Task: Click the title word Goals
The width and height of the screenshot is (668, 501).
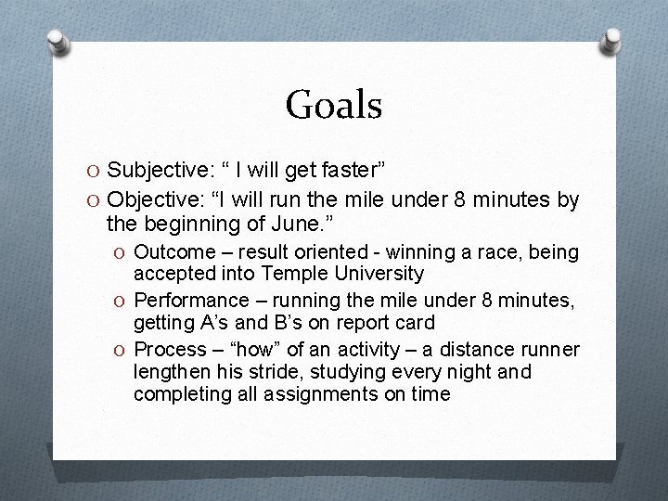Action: click(334, 105)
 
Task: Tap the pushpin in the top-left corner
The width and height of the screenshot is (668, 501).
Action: click(58, 40)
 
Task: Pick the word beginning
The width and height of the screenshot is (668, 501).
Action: click(209, 224)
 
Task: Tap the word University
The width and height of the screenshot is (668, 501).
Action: click(380, 273)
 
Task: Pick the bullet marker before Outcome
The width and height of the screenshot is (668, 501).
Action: click(120, 253)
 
